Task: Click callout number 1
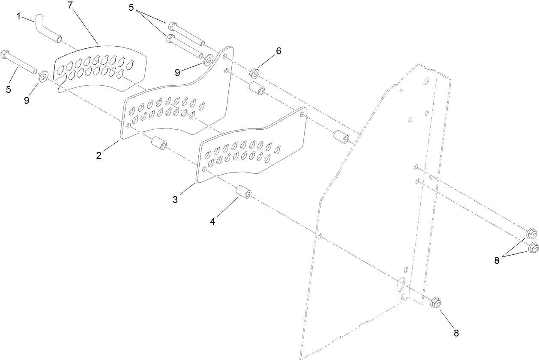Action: [18, 16]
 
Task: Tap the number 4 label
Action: [213, 221]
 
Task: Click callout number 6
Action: [278, 51]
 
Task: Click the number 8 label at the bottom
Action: [456, 333]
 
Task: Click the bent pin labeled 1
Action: [48, 29]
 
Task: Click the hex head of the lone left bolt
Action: [6, 54]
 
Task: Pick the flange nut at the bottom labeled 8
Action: [436, 303]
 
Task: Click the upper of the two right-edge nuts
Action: [532, 234]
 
